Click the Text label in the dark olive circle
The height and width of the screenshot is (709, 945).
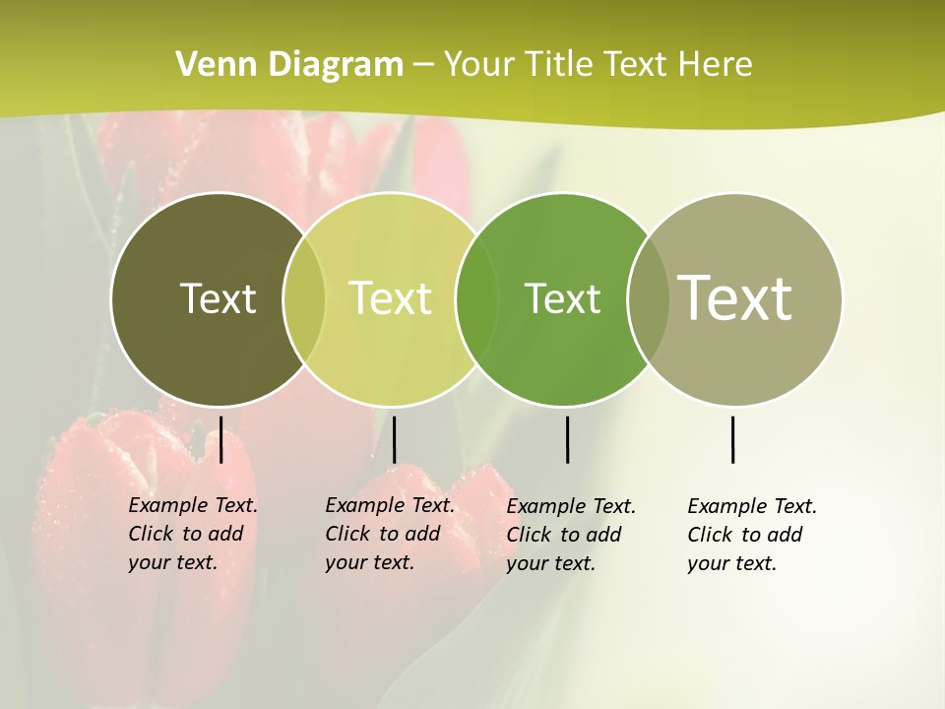218,298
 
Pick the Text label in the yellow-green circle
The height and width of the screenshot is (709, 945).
391,298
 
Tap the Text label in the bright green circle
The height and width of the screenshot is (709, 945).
562,298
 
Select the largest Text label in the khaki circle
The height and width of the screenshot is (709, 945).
735,297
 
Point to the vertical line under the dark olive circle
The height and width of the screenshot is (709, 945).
221,439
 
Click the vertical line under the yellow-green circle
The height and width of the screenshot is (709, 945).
394,439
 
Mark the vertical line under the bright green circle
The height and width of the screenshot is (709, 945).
568,439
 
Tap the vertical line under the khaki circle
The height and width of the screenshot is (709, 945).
733,439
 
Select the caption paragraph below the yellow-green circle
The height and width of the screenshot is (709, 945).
389,534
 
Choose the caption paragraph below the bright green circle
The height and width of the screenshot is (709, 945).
570,535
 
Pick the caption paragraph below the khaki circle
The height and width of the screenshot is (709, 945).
751,535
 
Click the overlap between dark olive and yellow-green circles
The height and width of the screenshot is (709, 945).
304,299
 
